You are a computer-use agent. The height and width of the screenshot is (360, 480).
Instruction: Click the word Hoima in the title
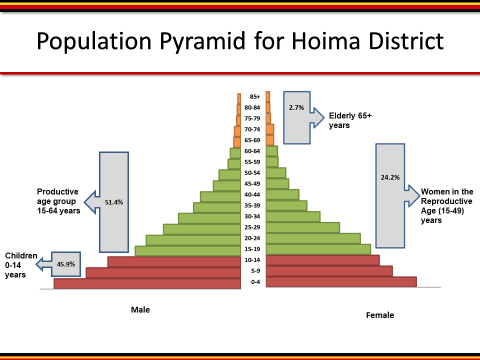click(298, 43)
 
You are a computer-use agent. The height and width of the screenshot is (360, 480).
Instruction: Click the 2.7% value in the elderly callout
click(296, 106)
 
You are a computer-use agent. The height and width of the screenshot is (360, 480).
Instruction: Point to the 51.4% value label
click(114, 202)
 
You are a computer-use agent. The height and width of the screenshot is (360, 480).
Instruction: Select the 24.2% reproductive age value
click(390, 178)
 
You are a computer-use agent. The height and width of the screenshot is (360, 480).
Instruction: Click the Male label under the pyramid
click(140, 309)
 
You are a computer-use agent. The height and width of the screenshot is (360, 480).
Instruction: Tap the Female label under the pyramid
click(379, 315)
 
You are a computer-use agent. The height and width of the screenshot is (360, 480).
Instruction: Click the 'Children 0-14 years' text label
click(19, 265)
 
